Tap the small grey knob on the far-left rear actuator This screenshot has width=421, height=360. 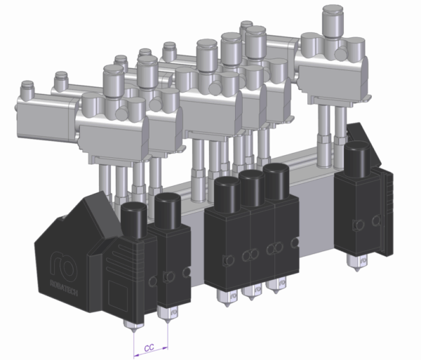pyautogui.click(x=28, y=88)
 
